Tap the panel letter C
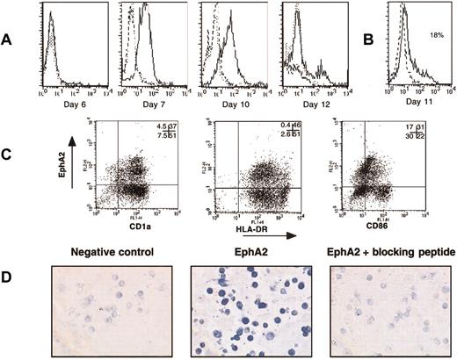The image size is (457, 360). (11, 175)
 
